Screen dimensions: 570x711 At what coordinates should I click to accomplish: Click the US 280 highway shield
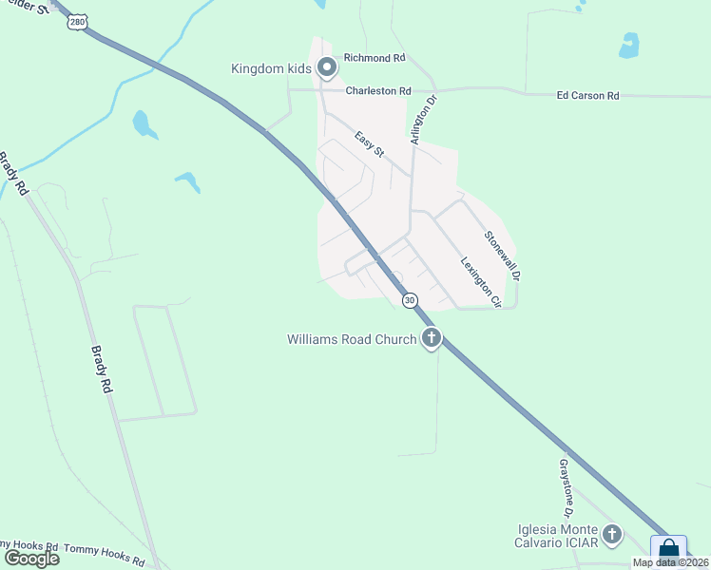click(76, 20)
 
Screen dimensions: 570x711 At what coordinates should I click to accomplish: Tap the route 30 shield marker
click(410, 300)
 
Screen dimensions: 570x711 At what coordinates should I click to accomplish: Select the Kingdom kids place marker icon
click(327, 67)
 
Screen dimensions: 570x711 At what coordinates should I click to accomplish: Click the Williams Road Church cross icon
click(432, 338)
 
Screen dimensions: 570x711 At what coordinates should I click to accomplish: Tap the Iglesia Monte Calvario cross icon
click(611, 535)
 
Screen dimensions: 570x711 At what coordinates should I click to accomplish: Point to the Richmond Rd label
click(375, 58)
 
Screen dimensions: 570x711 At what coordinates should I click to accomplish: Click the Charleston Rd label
click(377, 91)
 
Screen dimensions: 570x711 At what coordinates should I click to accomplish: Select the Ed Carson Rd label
click(587, 96)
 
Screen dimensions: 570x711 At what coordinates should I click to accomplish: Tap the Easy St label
click(369, 145)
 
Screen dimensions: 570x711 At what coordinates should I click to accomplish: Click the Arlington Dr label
click(422, 119)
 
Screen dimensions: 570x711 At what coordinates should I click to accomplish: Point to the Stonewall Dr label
click(503, 256)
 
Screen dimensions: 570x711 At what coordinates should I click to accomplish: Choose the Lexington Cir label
click(481, 282)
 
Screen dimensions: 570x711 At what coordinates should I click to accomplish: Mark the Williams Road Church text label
click(352, 339)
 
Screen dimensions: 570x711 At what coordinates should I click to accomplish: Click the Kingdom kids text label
click(272, 68)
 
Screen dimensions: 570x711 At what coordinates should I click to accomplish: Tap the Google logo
click(31, 558)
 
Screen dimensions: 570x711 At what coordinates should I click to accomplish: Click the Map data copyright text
click(670, 562)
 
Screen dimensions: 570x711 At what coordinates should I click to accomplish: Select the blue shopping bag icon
click(669, 550)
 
